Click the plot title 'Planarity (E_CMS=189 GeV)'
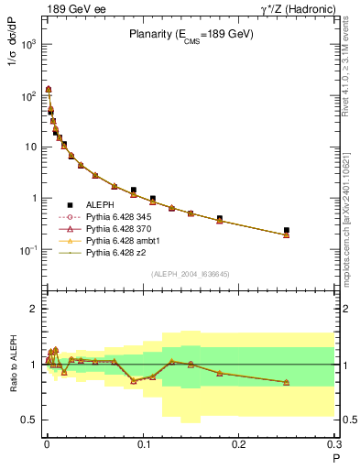coord(191,34)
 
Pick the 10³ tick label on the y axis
coord(27,45)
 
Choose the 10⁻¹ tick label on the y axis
coord(27,250)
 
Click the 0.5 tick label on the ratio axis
coord(29,420)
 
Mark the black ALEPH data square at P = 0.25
coord(287,230)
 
